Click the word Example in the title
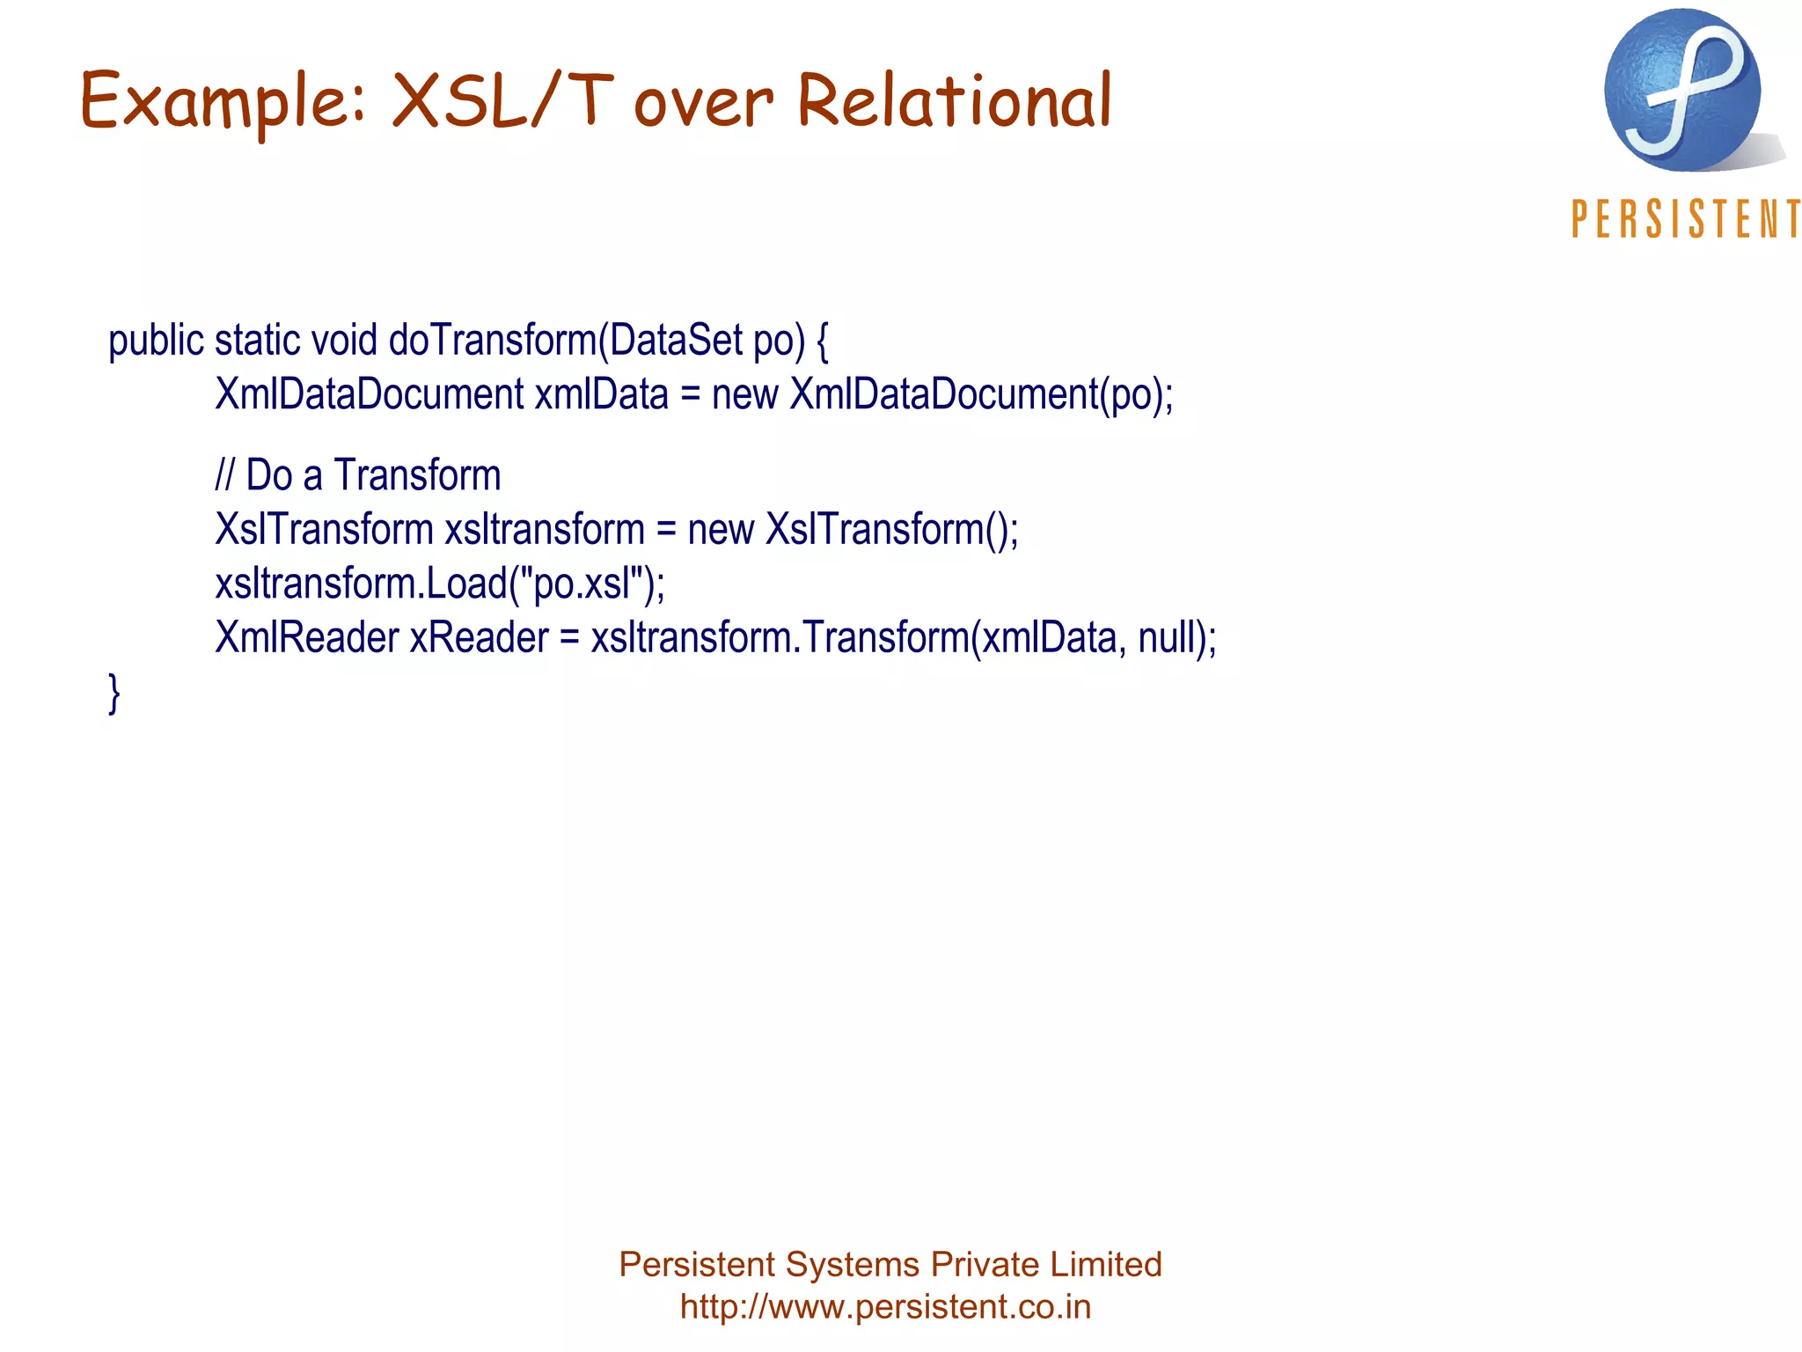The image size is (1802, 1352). tap(220, 101)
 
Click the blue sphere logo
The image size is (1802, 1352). tap(1681, 91)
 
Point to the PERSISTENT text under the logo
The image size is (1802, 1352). tap(1685, 219)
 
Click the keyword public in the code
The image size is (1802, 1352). tap(156, 342)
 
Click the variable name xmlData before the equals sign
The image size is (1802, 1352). tap(601, 393)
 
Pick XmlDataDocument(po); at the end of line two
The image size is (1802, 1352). tap(981, 393)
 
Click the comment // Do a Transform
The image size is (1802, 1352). tap(358, 475)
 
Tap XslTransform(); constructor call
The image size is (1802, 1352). tap(891, 530)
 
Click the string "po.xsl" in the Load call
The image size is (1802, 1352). tap(582, 583)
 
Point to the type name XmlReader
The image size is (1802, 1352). tap(307, 637)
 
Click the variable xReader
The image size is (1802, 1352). tap(479, 637)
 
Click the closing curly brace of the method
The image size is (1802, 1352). tap(114, 693)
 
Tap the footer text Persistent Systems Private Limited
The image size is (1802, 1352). tap(890, 1264)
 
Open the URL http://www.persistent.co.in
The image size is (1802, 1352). tap(885, 1306)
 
